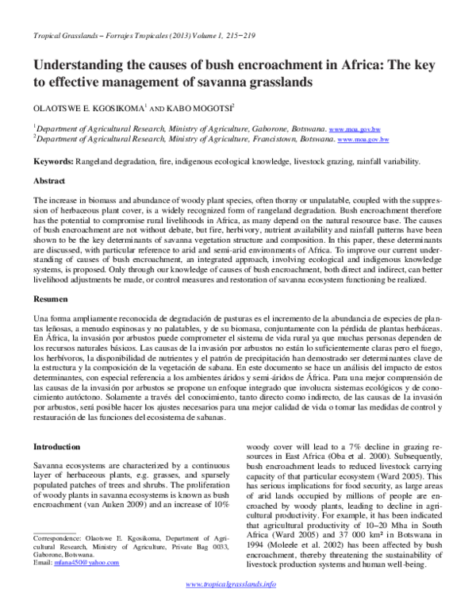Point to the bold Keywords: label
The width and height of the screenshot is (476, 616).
click(53, 161)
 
